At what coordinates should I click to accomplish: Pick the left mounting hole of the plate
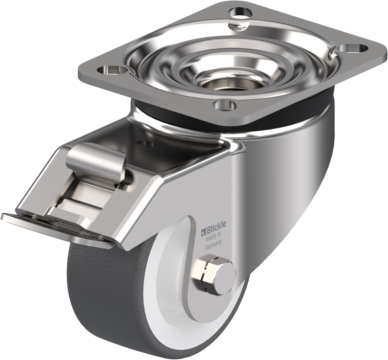[111, 69]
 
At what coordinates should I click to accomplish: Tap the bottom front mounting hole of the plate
[225, 105]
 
